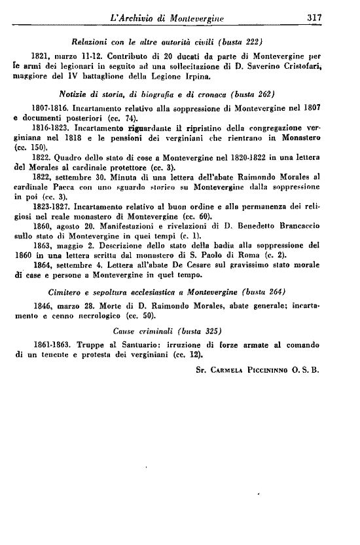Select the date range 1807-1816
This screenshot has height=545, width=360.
tap(49, 105)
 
